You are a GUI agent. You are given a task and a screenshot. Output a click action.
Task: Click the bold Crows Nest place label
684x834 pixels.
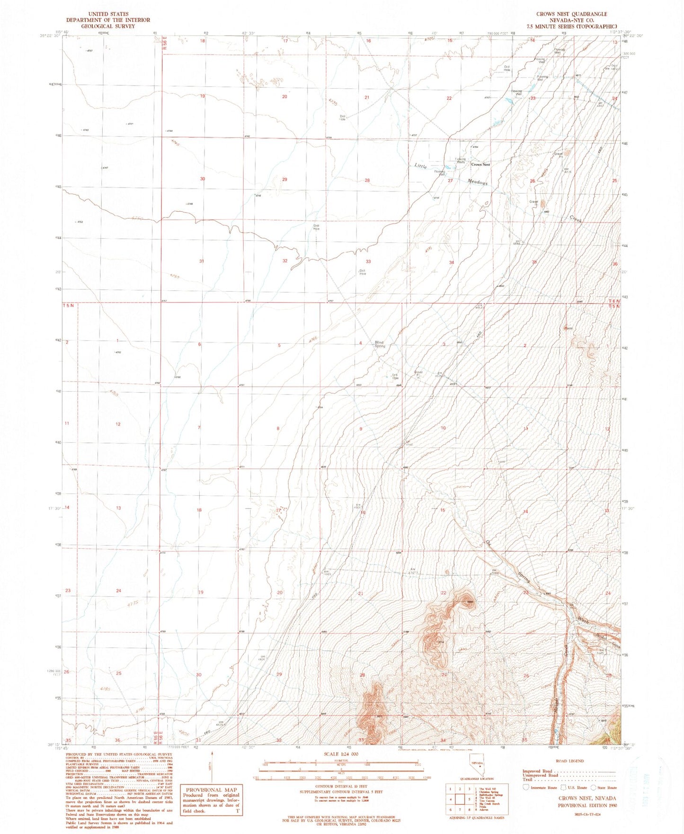coord(480,164)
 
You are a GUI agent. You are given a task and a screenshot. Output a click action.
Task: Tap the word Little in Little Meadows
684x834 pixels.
coord(421,166)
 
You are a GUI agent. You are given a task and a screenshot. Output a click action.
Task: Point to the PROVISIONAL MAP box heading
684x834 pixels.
coord(211,789)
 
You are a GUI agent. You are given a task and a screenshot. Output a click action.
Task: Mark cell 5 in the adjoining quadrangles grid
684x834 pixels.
coord(469,799)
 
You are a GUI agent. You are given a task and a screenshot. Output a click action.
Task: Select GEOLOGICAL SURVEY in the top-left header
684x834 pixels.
coord(108,26)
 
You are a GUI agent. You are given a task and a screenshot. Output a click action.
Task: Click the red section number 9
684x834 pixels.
coord(361,429)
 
